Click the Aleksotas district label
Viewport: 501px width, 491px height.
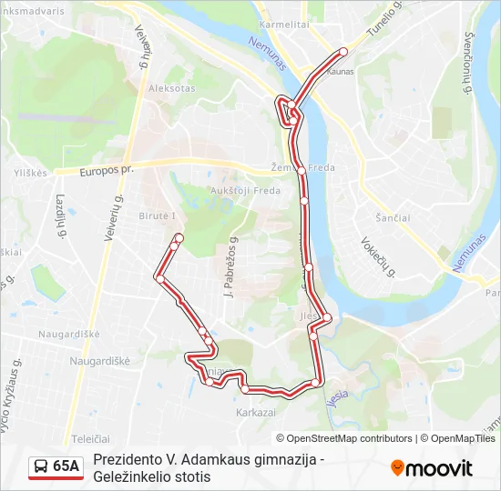click(172, 89)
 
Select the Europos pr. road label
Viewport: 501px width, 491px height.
click(107, 170)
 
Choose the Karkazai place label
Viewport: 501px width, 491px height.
click(255, 412)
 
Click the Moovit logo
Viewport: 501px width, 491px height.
click(433, 468)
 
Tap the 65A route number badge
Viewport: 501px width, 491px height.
click(66, 466)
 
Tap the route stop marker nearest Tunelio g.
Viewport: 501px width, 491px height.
click(343, 51)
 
